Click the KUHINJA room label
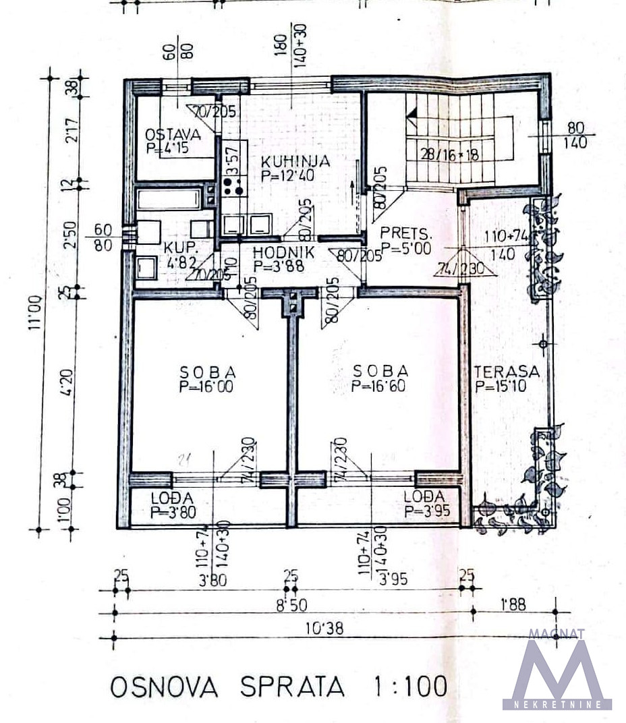pos(295,162)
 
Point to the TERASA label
pos(507,372)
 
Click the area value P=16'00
pos(207,387)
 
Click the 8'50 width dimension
pos(291,605)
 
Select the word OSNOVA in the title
pos(164,687)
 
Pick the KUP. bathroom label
pos(177,248)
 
